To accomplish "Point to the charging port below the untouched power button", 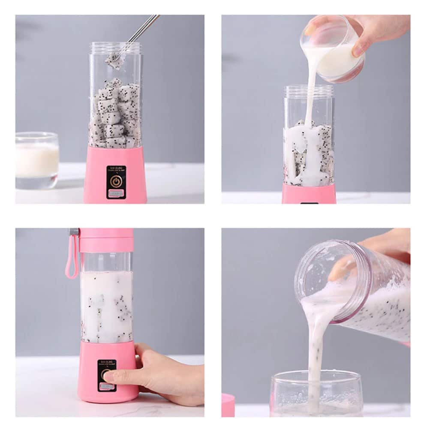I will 116,194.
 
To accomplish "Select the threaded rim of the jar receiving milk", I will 308,90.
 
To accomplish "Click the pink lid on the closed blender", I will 106,240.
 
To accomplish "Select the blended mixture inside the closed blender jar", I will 106,307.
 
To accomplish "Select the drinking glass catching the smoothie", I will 316,392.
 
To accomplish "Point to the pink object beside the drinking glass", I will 228,405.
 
